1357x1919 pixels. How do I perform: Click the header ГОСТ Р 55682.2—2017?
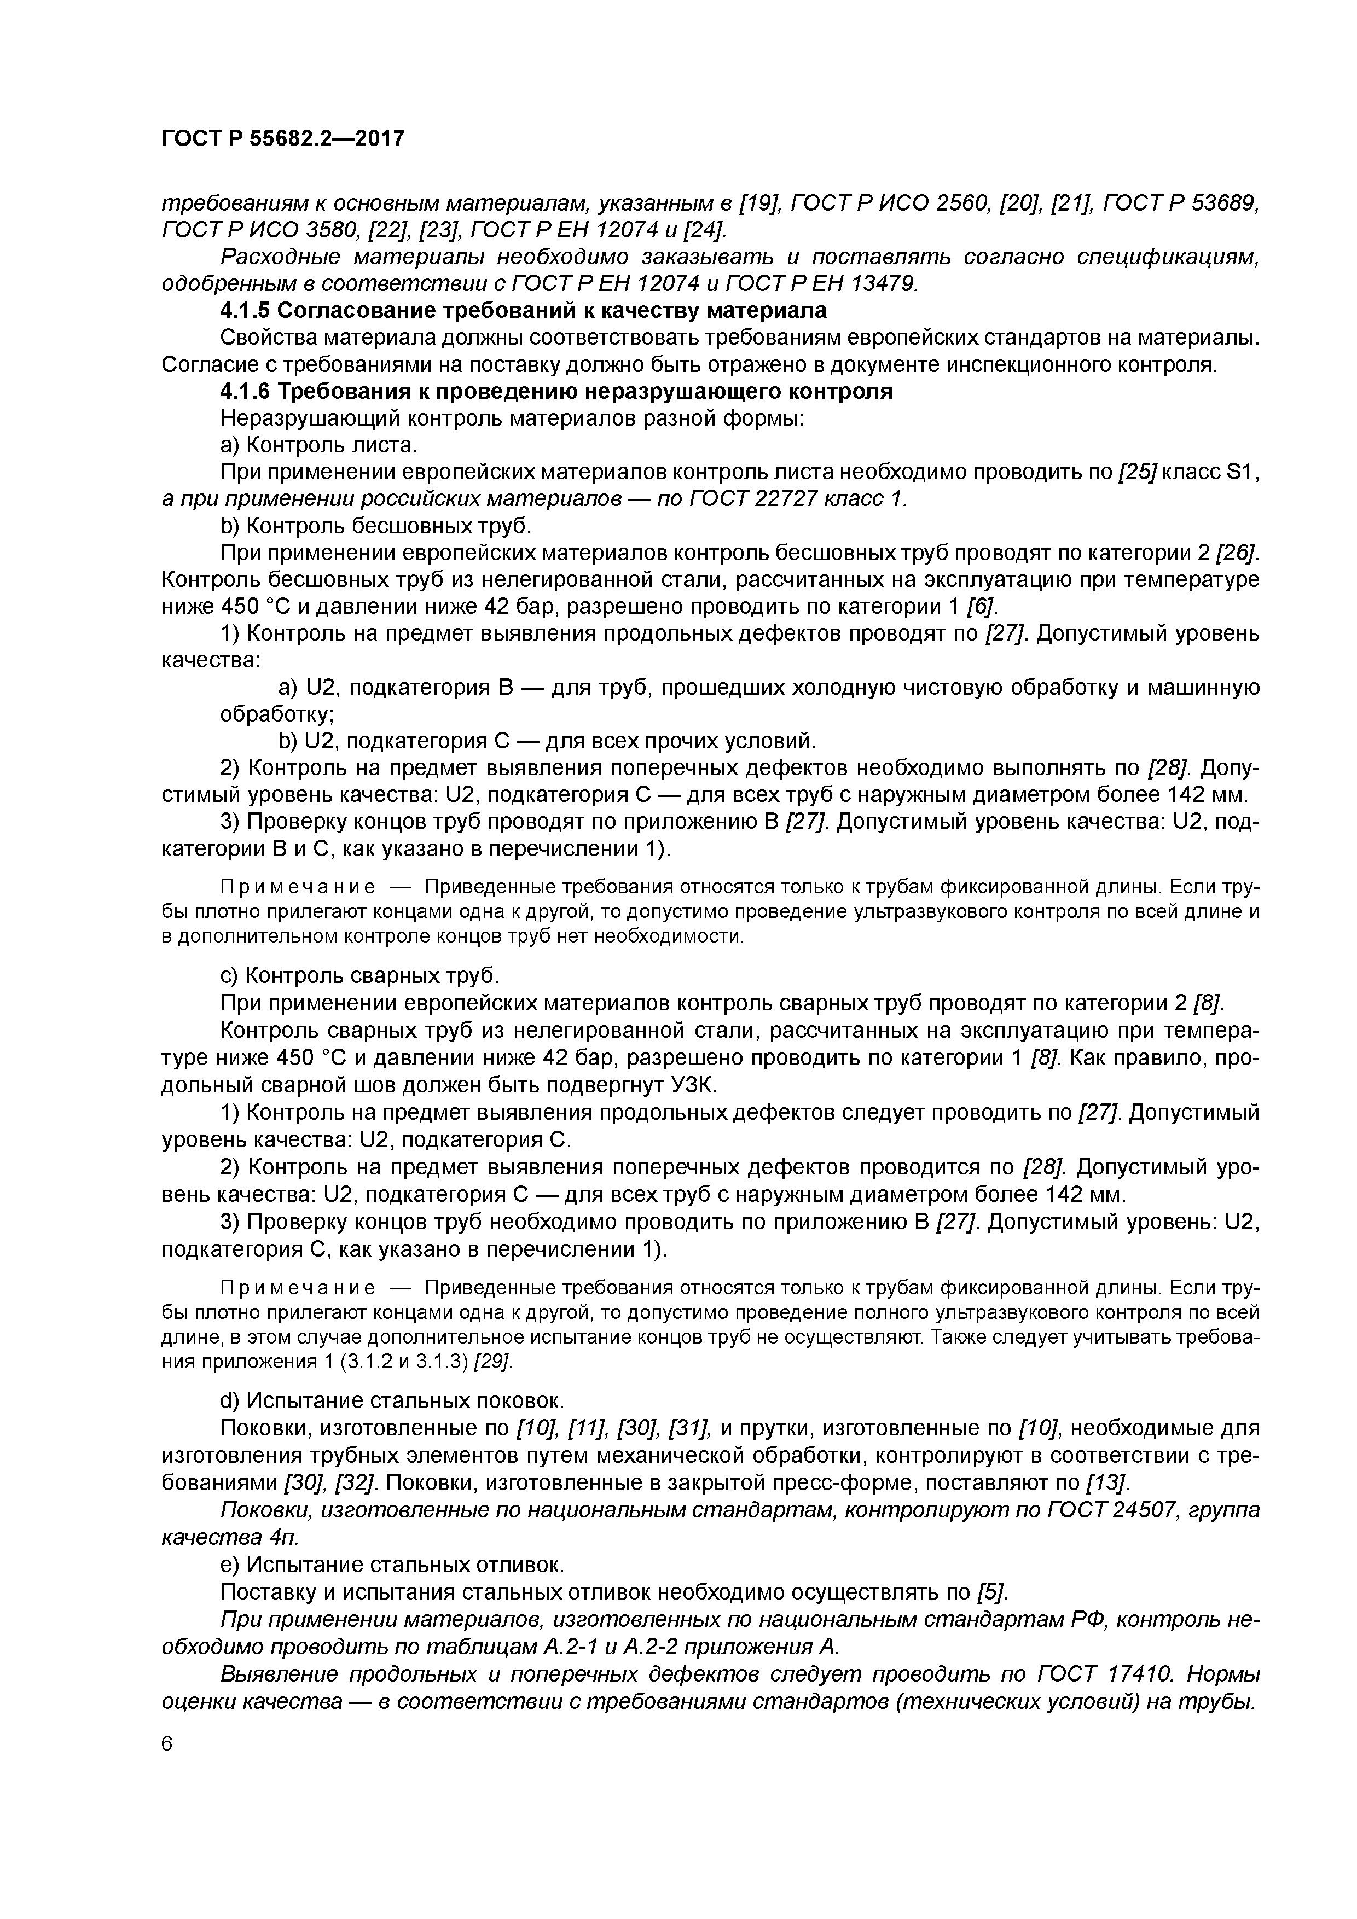(282, 139)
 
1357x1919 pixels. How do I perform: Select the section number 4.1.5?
(245, 311)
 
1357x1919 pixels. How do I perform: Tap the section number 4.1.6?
(245, 392)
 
